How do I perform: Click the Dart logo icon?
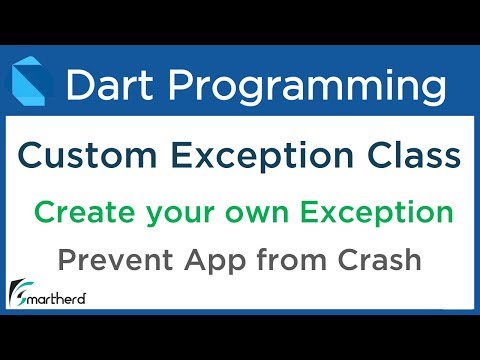pos(32,85)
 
